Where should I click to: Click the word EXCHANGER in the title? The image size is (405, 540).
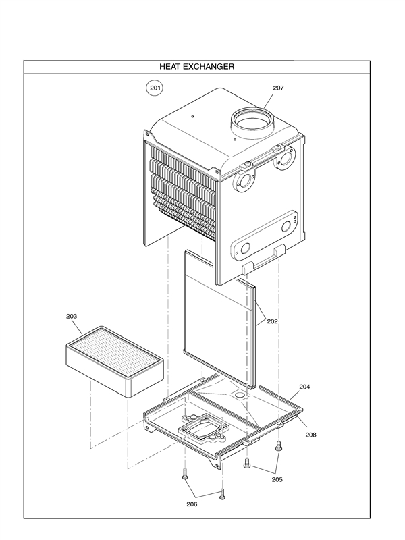tap(211, 67)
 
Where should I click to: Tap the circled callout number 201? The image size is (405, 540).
tap(155, 88)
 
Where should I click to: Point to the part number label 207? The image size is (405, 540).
tap(279, 88)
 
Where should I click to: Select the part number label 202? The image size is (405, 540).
tap(272, 321)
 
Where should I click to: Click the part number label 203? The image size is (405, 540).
tap(72, 316)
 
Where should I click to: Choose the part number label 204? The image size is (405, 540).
tap(304, 387)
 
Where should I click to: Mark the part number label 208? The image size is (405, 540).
tap(311, 435)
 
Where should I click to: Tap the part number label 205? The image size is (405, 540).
tap(277, 479)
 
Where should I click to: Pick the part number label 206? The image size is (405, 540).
tap(193, 503)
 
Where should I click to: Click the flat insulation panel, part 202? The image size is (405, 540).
tap(216, 317)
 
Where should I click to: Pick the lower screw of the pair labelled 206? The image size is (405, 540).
tap(221, 495)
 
